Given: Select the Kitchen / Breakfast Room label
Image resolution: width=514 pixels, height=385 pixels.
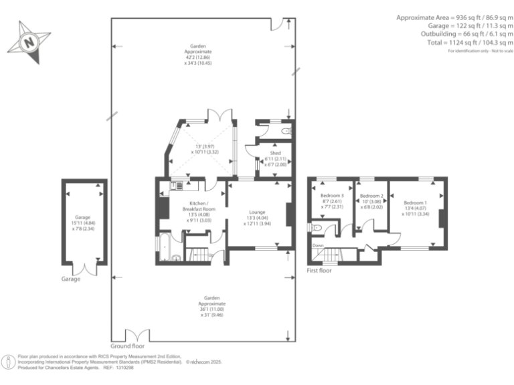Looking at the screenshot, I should tap(197, 206).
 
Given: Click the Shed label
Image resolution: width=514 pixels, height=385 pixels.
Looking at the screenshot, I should tap(275, 153).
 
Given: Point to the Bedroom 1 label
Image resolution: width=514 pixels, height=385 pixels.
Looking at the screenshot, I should tap(415, 203).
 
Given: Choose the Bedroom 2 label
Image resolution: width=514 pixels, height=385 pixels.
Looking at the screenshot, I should tap(371, 195).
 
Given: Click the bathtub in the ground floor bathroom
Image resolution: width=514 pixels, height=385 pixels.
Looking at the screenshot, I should tap(165, 247).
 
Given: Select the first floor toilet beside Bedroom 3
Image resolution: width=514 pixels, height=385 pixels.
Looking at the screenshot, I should tap(317, 229).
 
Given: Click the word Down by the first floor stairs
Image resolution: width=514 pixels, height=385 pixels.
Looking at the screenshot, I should tap(318, 245).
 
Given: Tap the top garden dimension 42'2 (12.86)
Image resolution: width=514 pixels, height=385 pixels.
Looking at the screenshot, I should tap(198, 57).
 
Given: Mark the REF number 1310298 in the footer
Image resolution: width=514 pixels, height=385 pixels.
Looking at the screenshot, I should tap(125, 368).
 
